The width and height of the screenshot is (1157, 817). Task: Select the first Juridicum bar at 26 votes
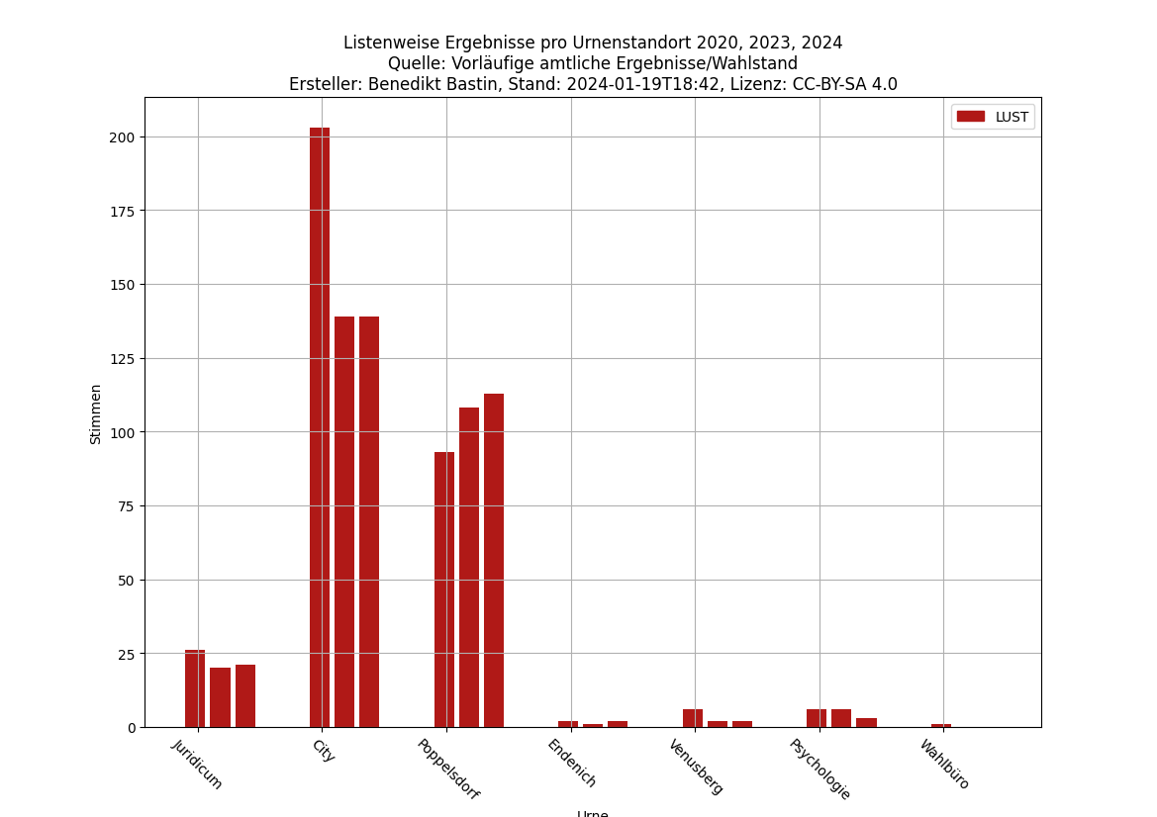point(195,688)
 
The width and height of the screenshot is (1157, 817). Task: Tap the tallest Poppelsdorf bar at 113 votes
point(494,560)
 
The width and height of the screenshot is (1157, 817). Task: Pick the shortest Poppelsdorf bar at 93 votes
point(444,590)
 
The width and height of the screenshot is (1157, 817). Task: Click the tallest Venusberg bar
point(693,718)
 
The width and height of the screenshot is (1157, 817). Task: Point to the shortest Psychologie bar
point(866,723)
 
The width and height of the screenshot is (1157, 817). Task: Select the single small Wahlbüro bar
point(940,726)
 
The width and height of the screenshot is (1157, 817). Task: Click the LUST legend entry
point(993,117)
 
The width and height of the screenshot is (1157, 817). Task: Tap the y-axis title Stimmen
point(96,413)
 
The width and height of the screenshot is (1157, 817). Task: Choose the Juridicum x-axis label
point(198,764)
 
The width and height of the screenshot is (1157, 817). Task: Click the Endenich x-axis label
point(572,763)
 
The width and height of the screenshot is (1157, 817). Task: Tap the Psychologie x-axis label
point(820,769)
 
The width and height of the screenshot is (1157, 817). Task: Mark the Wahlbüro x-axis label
point(944,764)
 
